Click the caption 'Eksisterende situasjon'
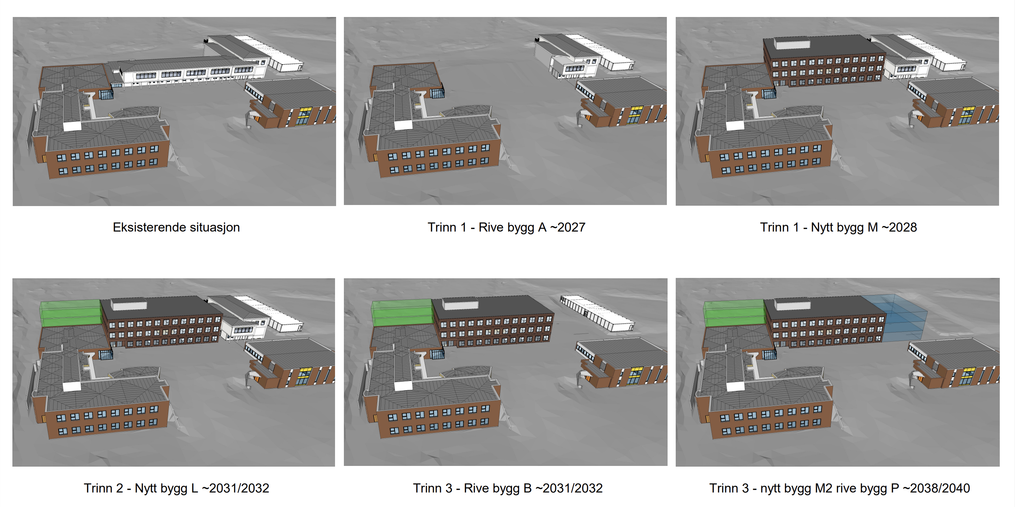pyautogui.click(x=176, y=227)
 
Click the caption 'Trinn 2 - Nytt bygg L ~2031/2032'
pyautogui.click(x=176, y=488)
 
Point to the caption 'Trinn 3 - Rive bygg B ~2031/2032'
pyautogui.click(x=507, y=488)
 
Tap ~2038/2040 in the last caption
pyautogui.click(x=936, y=488)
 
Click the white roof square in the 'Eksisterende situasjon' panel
pyautogui.click(x=72, y=126)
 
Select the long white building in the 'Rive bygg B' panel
pyautogui.click(x=598, y=312)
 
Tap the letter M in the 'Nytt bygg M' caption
pyautogui.click(x=872, y=227)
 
